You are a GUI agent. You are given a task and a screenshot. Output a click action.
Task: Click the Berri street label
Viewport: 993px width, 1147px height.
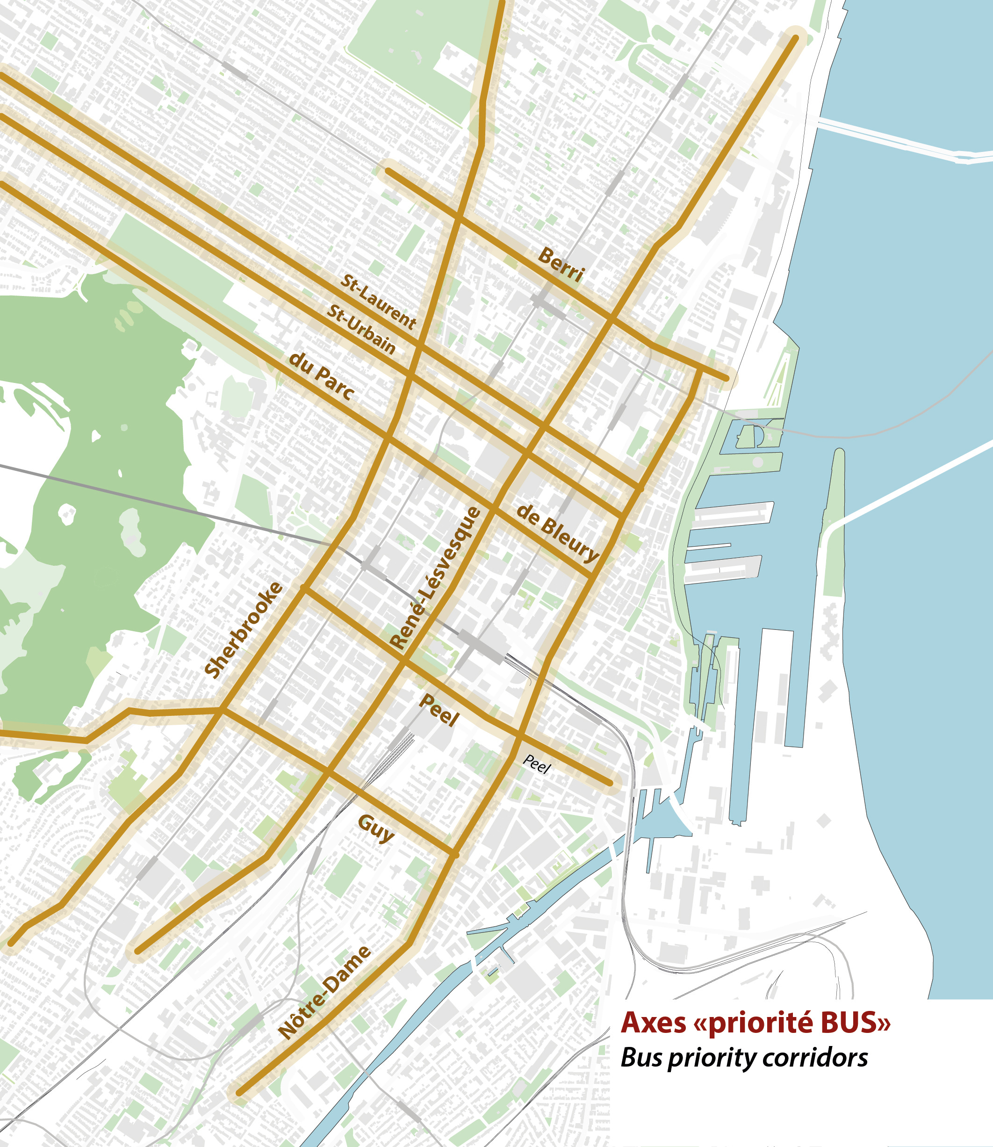561,264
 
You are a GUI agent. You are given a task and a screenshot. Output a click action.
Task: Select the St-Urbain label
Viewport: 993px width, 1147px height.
361,329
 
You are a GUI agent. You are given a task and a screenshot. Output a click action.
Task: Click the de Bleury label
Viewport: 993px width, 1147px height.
557,534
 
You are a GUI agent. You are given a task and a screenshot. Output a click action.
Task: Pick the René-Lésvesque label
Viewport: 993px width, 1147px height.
435,578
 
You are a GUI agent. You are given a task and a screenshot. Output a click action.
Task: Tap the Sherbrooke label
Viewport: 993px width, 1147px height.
244,630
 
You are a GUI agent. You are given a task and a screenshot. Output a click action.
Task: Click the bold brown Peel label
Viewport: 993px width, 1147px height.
439,710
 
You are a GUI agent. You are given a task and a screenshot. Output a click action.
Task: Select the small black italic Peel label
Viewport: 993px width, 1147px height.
536,764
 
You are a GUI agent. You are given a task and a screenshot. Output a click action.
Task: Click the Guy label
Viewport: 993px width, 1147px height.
376,828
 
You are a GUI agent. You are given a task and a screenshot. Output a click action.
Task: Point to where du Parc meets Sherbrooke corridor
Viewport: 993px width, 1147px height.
388,438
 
